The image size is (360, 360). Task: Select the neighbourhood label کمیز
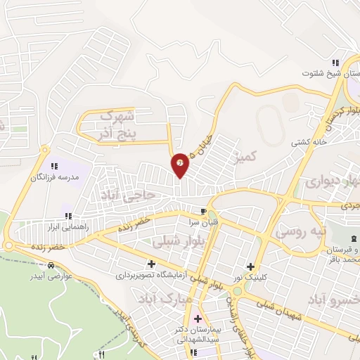pos(248,154)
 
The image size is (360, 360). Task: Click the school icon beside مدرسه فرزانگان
pos(53,167)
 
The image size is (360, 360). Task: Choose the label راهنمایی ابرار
pos(67,227)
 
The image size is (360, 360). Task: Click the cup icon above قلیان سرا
pos(203,211)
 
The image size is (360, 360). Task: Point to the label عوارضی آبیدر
pos(51,277)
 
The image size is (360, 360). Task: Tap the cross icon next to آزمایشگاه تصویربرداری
pos(151,263)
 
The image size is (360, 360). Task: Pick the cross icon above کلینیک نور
pos(251,266)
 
